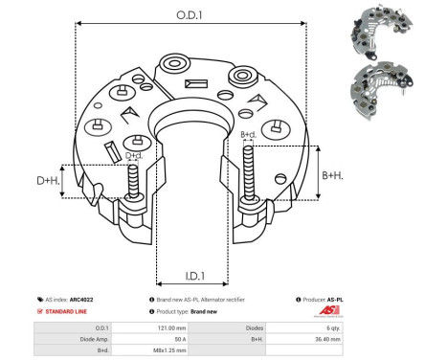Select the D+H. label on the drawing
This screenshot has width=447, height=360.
coord(48,180)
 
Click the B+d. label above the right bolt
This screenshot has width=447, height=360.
coord(247,135)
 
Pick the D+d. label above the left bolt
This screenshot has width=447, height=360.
coord(134,155)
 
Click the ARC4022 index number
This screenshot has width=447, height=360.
coord(81,300)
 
